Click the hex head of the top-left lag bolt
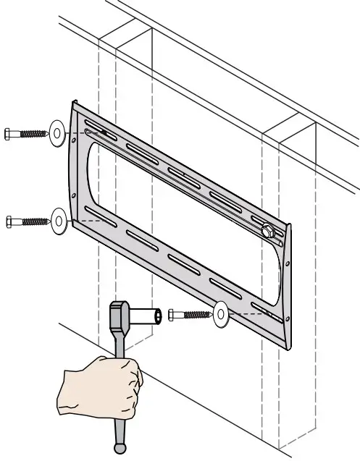(10, 134)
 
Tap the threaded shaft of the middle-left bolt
(33, 219)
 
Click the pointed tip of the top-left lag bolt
(47, 134)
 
